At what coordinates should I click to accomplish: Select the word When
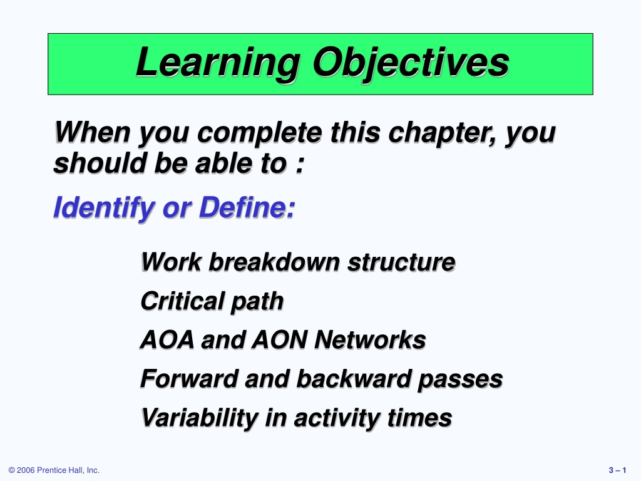pyautogui.click(x=93, y=132)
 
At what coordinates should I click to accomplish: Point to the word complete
pyautogui.click(x=260, y=133)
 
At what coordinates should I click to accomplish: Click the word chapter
pyautogui.click(x=442, y=133)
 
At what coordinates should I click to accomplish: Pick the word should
pyautogui.click(x=100, y=163)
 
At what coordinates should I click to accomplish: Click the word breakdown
pyautogui.click(x=274, y=262)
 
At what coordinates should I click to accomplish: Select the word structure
pyautogui.click(x=401, y=262)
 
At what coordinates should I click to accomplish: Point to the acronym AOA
pyautogui.click(x=167, y=340)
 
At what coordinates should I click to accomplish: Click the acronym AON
pyautogui.click(x=280, y=340)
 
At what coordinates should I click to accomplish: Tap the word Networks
pyautogui.click(x=371, y=340)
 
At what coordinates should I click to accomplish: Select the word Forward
pyautogui.click(x=189, y=379)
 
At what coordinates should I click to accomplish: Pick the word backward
pyautogui.click(x=354, y=379)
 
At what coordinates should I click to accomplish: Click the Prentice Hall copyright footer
pyautogui.click(x=54, y=470)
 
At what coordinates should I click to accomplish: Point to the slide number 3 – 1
pyautogui.click(x=617, y=470)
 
